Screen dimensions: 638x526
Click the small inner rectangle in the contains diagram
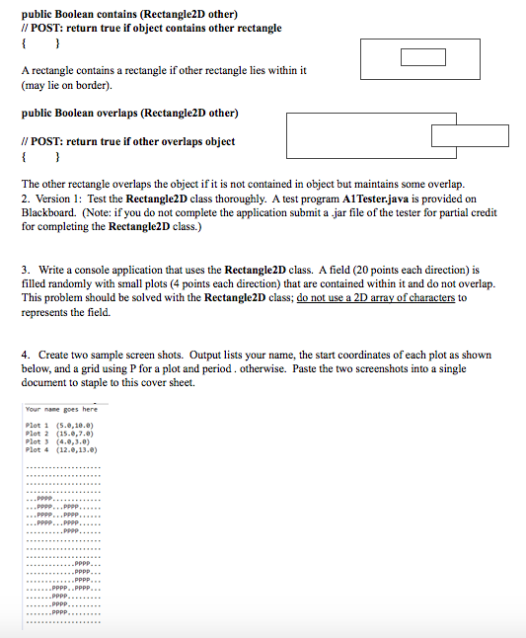tap(416, 57)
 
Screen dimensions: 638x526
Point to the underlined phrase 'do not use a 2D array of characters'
tap(376, 297)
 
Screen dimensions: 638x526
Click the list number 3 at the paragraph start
tap(26, 270)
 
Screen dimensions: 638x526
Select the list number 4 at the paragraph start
tap(26, 355)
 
